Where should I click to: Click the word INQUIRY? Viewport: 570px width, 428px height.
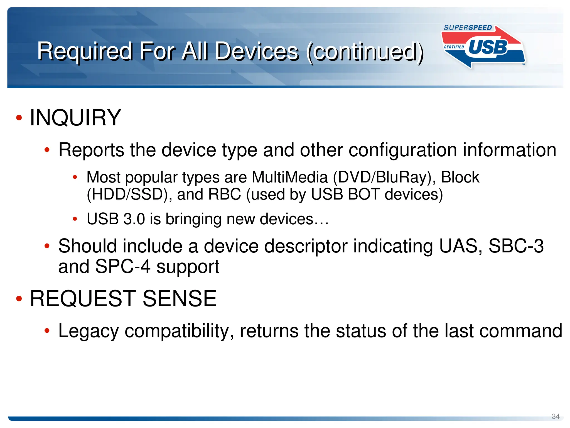click(x=75, y=118)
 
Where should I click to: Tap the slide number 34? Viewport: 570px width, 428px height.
click(x=556, y=416)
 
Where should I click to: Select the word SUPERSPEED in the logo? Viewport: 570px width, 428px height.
click(x=468, y=28)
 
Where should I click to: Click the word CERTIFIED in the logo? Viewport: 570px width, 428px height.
click(x=454, y=47)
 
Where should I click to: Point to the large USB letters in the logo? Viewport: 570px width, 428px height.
click(x=488, y=47)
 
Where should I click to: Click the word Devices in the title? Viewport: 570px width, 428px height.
click(x=257, y=52)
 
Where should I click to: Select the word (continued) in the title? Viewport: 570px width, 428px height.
click(x=365, y=52)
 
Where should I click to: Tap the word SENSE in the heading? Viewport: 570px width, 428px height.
click(x=180, y=299)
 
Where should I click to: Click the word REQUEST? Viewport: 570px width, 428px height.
click(x=83, y=299)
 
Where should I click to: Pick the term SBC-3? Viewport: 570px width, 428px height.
click(x=516, y=246)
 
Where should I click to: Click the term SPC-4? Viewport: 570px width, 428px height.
click(x=122, y=267)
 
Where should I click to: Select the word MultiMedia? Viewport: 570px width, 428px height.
click(x=289, y=177)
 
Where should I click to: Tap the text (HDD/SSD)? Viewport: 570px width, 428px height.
click(x=129, y=195)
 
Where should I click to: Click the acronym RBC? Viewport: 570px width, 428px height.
click(x=224, y=194)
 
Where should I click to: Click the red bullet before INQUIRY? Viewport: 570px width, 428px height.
click(x=19, y=118)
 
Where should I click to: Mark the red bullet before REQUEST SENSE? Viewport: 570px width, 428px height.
click(x=19, y=299)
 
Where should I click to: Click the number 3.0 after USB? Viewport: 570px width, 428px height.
click(x=134, y=219)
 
